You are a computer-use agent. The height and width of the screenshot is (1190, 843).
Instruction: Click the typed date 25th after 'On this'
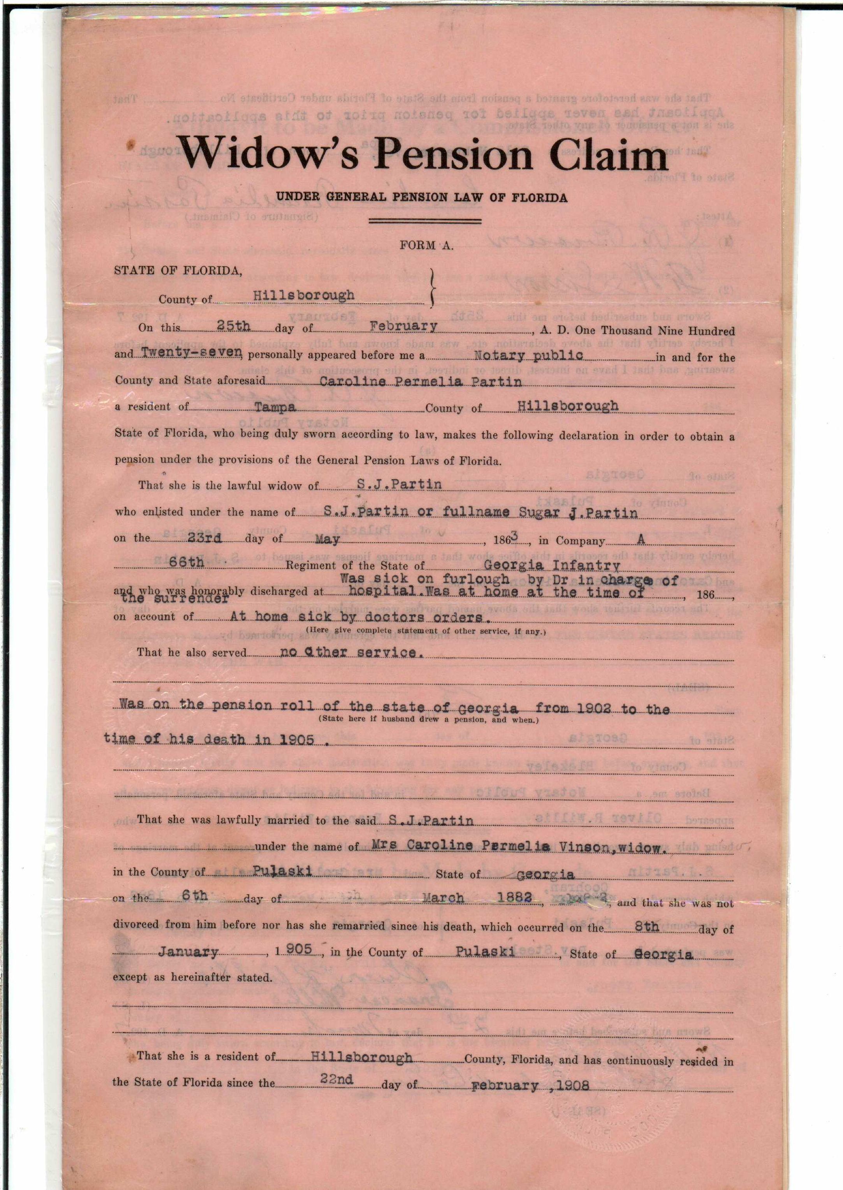coord(234,326)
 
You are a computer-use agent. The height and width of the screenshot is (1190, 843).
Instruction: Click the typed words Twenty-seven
coord(192,352)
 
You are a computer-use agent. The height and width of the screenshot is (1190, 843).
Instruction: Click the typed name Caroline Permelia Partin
coord(421,382)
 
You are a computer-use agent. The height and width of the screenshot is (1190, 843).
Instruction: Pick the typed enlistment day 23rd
coord(205,538)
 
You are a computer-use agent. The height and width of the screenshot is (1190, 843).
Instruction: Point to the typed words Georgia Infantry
coord(551,565)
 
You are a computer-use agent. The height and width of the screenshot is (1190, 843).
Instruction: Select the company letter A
coord(641,540)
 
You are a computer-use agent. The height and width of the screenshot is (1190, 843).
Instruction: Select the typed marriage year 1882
coord(514,898)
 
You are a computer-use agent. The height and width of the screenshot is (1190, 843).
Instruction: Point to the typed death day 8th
coord(647,926)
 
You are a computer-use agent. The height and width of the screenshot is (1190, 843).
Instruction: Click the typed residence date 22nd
coord(336,1079)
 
